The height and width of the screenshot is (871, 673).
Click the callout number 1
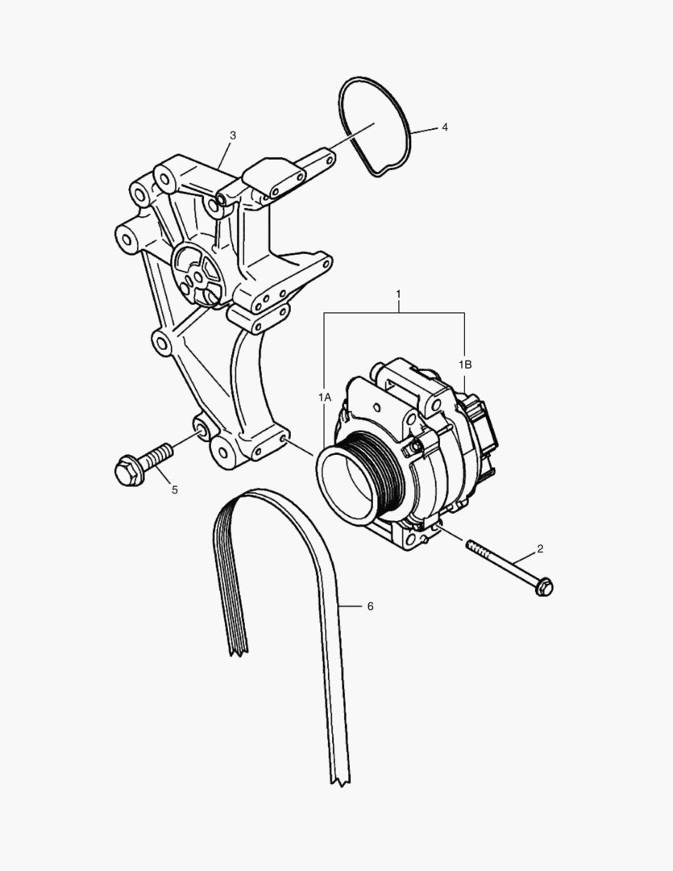click(398, 294)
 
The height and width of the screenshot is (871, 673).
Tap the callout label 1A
click(324, 398)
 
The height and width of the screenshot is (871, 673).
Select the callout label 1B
click(465, 365)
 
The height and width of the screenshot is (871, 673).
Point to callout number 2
click(540, 549)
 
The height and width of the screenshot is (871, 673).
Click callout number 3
click(233, 135)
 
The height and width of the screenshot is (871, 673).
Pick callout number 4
click(444, 127)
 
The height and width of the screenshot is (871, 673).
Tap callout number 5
click(174, 489)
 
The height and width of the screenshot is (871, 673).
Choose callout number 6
click(370, 605)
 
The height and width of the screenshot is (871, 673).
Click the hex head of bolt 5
click(127, 470)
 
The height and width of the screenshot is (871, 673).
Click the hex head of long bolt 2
click(543, 586)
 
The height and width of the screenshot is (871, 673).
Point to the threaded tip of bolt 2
click(472, 547)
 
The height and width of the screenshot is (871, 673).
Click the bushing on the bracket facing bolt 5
click(201, 427)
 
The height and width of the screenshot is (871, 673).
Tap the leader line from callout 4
click(424, 129)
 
